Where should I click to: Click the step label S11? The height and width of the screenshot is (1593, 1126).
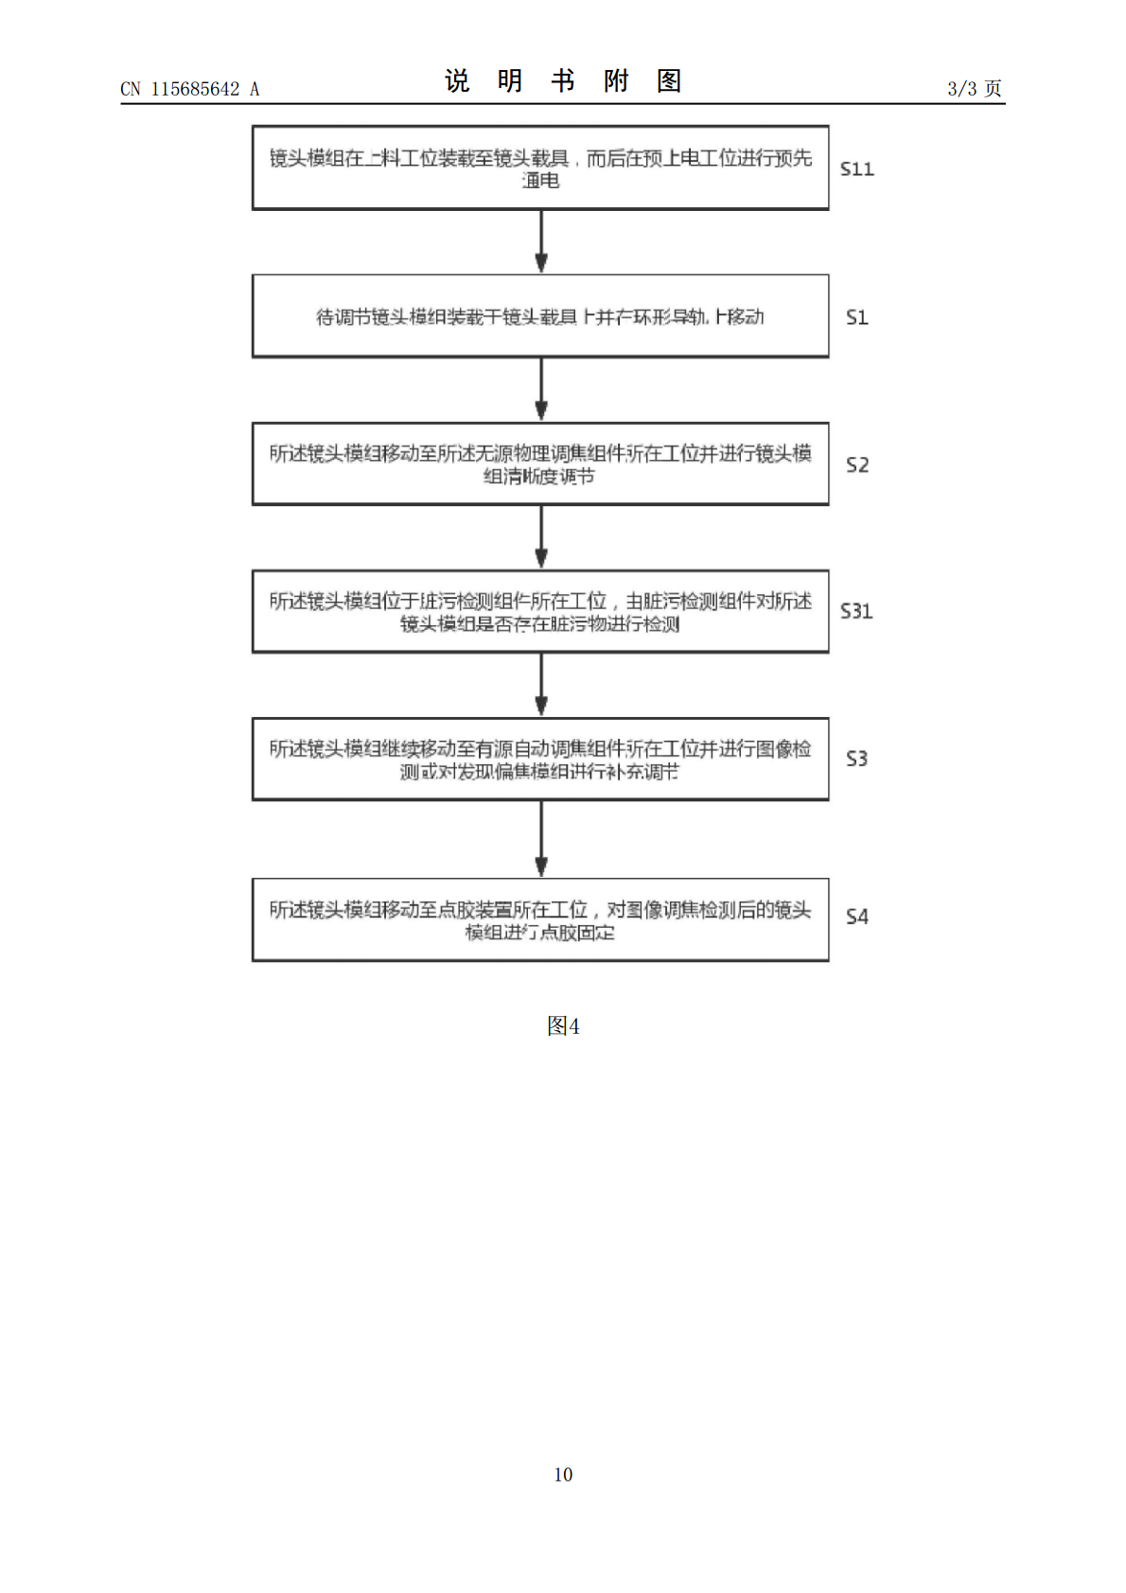(x=856, y=169)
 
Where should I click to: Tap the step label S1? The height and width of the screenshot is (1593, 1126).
(x=856, y=317)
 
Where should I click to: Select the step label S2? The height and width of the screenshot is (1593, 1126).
(x=856, y=464)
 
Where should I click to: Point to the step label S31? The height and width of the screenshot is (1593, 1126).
(x=856, y=611)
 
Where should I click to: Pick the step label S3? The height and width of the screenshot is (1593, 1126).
(x=856, y=759)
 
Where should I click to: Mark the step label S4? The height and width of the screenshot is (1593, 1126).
(x=856, y=917)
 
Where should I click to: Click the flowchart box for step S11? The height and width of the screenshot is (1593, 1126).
(x=540, y=167)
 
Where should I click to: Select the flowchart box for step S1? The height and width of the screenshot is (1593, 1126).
(x=540, y=316)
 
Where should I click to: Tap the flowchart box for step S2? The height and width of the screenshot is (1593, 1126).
(x=540, y=464)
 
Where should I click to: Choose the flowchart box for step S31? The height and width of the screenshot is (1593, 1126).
(x=540, y=611)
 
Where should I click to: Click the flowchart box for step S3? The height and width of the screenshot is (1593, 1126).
(x=540, y=759)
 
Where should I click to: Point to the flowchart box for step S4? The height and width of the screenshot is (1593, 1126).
(x=540, y=919)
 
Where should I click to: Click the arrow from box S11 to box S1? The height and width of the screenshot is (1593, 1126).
(x=541, y=242)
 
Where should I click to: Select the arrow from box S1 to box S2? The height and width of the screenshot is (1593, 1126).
(x=541, y=390)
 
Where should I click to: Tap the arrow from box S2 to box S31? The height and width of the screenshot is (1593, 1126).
(x=541, y=537)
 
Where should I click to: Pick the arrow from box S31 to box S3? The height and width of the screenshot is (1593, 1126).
(x=541, y=685)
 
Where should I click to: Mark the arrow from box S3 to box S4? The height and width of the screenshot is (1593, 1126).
(x=541, y=839)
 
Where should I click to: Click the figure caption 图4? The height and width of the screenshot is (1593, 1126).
(x=563, y=1026)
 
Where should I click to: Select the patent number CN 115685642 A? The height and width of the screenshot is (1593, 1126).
(x=189, y=89)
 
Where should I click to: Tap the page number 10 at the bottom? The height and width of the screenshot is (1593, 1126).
(x=563, y=1475)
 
